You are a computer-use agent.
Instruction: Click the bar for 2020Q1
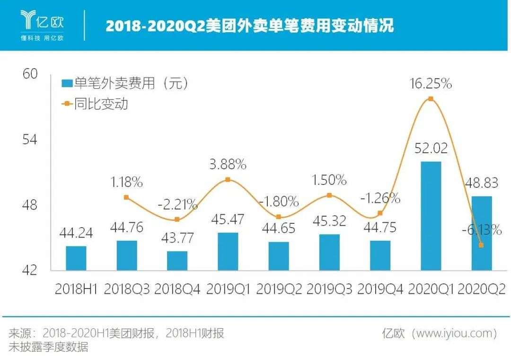tap(431, 216)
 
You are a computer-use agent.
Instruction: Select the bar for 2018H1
tap(76, 258)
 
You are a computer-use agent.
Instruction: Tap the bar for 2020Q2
tap(481, 233)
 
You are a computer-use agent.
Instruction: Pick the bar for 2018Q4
tap(177, 261)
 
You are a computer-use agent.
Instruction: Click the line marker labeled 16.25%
tap(431, 99)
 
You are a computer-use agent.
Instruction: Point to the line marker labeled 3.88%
tap(228, 180)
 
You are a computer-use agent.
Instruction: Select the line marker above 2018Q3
tap(126, 197)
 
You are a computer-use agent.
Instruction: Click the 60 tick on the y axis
tap(29, 74)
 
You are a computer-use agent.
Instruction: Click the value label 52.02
tap(430, 148)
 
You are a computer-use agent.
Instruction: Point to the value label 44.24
tap(76, 233)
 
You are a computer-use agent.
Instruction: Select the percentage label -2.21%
tap(177, 204)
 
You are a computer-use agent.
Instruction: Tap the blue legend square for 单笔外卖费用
tap(67, 84)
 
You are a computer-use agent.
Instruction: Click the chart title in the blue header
tap(249, 26)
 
